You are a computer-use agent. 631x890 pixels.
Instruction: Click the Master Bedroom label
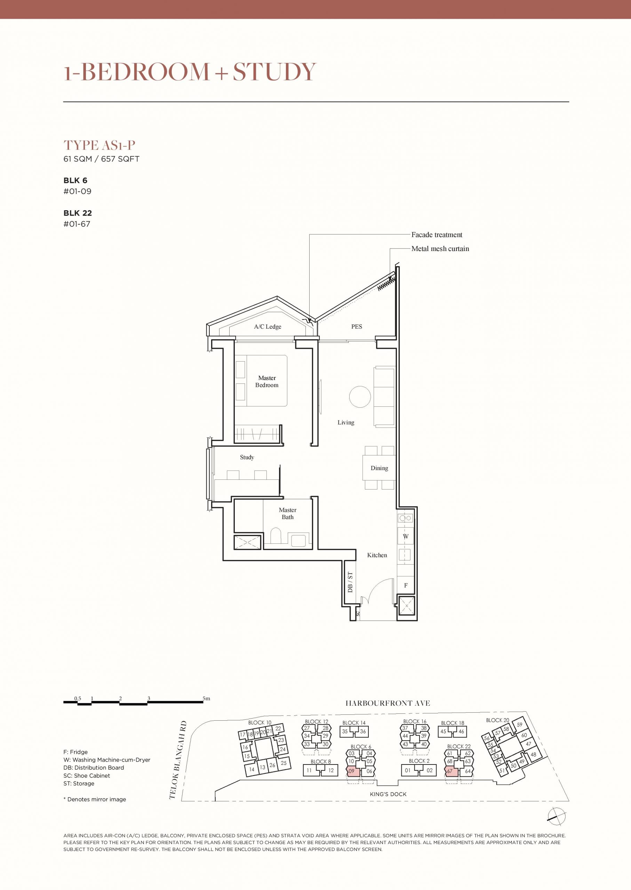[x=267, y=381]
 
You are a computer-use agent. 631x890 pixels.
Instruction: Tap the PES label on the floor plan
[x=357, y=326]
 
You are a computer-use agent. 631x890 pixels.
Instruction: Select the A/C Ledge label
[x=268, y=326]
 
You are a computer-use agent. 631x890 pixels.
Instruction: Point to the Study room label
[x=247, y=457]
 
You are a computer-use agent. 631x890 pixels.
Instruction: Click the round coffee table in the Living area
[x=360, y=396]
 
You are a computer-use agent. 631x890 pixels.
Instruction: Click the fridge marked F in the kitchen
[x=406, y=585]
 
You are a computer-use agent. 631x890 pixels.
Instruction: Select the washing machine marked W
[x=406, y=536]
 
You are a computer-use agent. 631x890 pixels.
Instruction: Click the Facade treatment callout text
[x=437, y=235]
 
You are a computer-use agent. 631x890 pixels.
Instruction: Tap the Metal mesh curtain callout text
[x=440, y=249]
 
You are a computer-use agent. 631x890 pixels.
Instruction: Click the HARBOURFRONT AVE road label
[x=388, y=703]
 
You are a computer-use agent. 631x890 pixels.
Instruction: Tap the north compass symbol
[x=556, y=816]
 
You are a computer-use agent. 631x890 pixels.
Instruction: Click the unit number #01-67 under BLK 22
[x=77, y=224]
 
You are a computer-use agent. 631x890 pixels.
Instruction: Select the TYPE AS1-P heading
[x=99, y=145]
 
